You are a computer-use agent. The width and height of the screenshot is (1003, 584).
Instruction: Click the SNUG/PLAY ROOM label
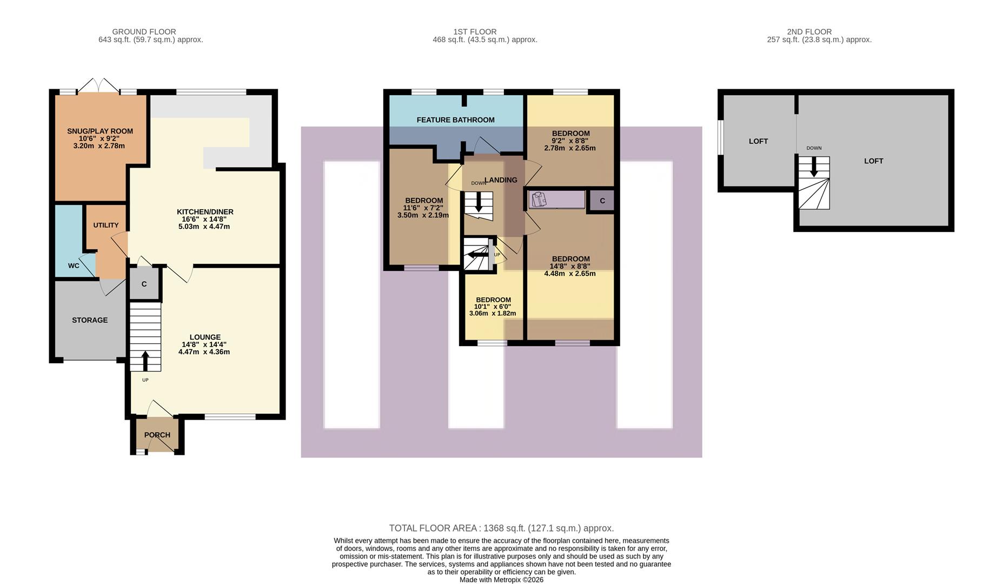click(x=100, y=131)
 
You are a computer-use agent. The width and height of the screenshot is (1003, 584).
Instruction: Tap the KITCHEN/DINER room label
click(x=205, y=212)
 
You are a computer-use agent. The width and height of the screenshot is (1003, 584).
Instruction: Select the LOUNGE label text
click(x=205, y=337)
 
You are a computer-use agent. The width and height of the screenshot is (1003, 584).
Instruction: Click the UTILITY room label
click(x=106, y=225)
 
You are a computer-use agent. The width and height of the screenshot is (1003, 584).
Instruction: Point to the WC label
click(x=74, y=266)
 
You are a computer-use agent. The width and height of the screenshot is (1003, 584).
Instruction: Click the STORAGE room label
click(x=90, y=320)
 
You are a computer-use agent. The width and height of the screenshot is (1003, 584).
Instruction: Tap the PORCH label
click(x=157, y=435)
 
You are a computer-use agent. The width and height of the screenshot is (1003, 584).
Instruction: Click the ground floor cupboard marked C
click(x=144, y=284)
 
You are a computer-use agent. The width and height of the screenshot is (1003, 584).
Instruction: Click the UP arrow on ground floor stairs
click(x=145, y=360)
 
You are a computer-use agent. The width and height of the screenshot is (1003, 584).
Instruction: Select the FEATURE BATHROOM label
click(x=455, y=120)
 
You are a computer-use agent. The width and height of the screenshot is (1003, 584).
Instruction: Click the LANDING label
click(x=501, y=180)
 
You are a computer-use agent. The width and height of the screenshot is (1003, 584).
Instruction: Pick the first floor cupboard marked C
click(x=602, y=201)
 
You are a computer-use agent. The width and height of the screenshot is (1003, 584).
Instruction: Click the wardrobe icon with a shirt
click(x=539, y=200)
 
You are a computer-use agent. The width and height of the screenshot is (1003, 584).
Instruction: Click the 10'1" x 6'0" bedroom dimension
click(x=493, y=307)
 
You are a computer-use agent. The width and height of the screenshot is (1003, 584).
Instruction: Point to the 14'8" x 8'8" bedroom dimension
click(x=570, y=266)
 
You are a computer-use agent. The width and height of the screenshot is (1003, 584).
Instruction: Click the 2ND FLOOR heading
click(x=809, y=32)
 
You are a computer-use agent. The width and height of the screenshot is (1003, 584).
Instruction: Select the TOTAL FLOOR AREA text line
click(x=501, y=528)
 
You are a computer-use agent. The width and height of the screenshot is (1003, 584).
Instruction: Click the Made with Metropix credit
click(x=501, y=580)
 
